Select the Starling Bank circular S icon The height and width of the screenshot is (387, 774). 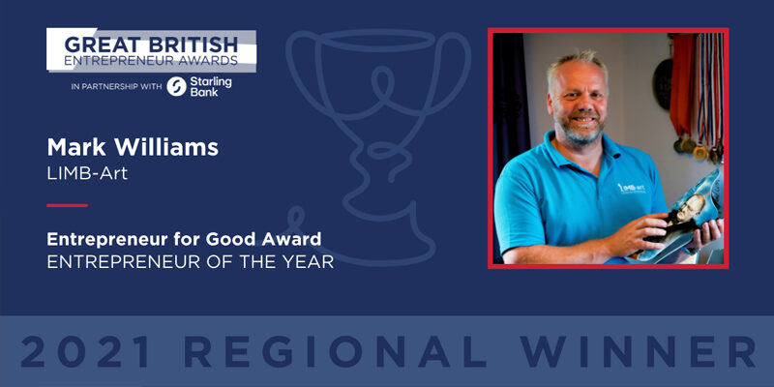pos(176,86)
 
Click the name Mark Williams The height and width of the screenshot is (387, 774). pos(133,148)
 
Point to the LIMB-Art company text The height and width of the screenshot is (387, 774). pos(87,174)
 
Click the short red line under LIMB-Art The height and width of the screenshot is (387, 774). pos(67,205)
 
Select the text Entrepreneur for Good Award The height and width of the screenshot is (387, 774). pos(184,239)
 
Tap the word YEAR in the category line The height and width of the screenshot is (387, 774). pos(310,262)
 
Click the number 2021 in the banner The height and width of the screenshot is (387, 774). pos(86,352)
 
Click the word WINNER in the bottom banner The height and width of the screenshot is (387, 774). pos(638,352)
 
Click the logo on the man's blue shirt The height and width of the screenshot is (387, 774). pos(632,189)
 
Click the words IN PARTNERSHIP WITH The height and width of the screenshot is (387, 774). pos(116,87)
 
